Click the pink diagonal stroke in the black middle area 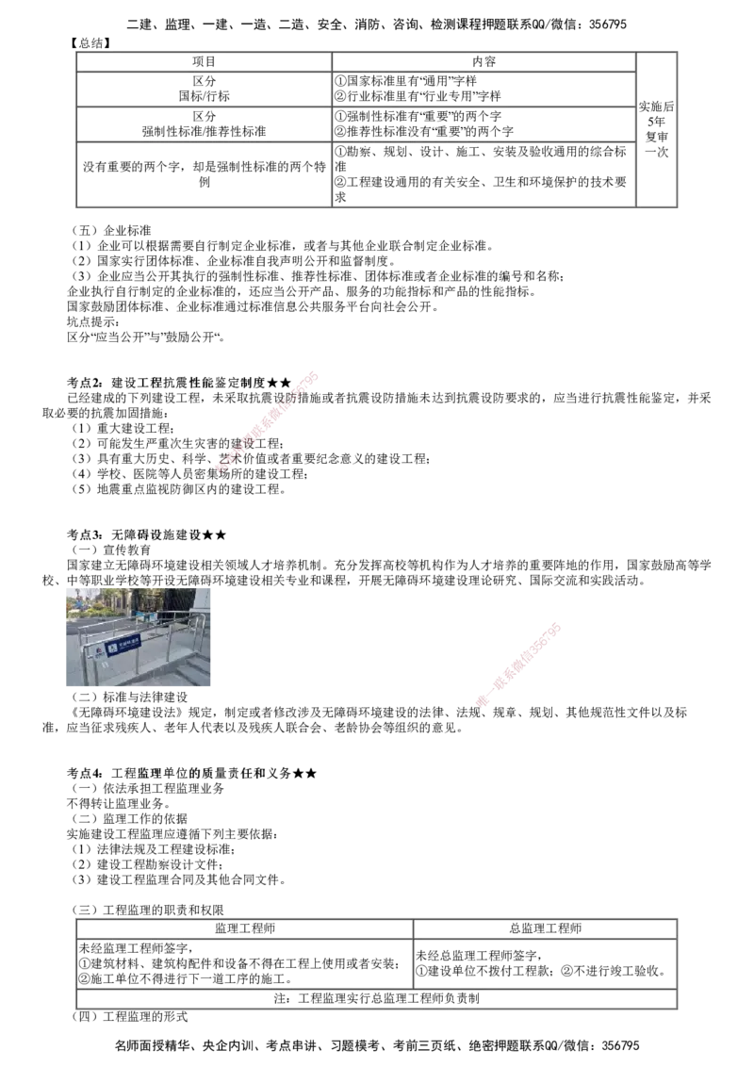pos(269,420)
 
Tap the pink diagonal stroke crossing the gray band pos(521,663)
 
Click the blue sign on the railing pos(123,647)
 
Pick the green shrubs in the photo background pos(113,603)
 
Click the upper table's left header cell pos(203,59)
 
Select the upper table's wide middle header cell pos(484,59)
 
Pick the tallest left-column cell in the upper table pos(203,172)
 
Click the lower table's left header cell pos(242,927)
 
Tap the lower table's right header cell pos(544,927)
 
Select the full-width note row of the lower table pos(374,998)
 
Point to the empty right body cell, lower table pos(544,962)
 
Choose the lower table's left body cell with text pos(242,962)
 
